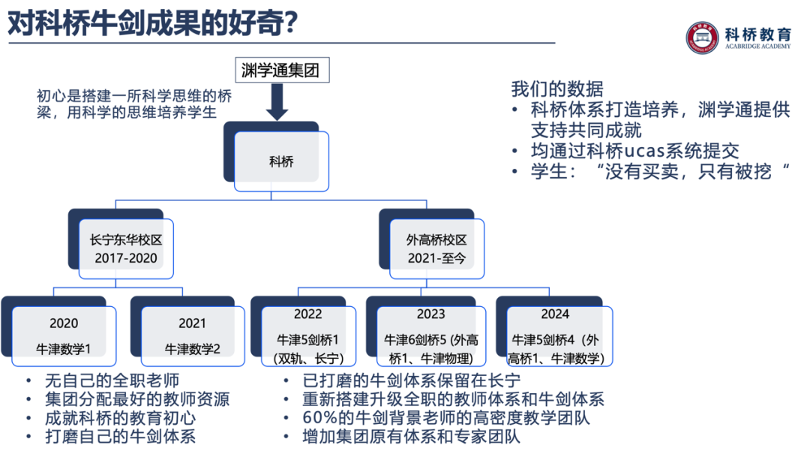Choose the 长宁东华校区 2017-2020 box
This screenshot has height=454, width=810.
point(126,248)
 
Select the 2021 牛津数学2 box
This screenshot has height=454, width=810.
point(192,335)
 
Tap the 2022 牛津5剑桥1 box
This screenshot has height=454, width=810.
point(307,335)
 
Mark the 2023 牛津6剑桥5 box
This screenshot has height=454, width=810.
point(430,335)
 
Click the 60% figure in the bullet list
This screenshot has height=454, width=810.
point(318,418)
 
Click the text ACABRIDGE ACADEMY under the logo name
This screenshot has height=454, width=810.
point(757,47)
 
